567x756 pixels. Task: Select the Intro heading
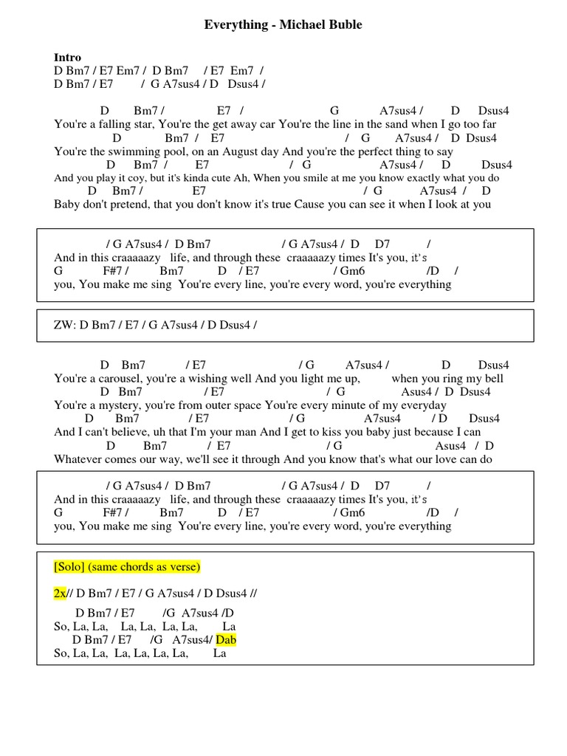point(67,58)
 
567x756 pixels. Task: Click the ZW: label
point(66,325)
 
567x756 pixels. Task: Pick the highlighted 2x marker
point(60,594)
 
